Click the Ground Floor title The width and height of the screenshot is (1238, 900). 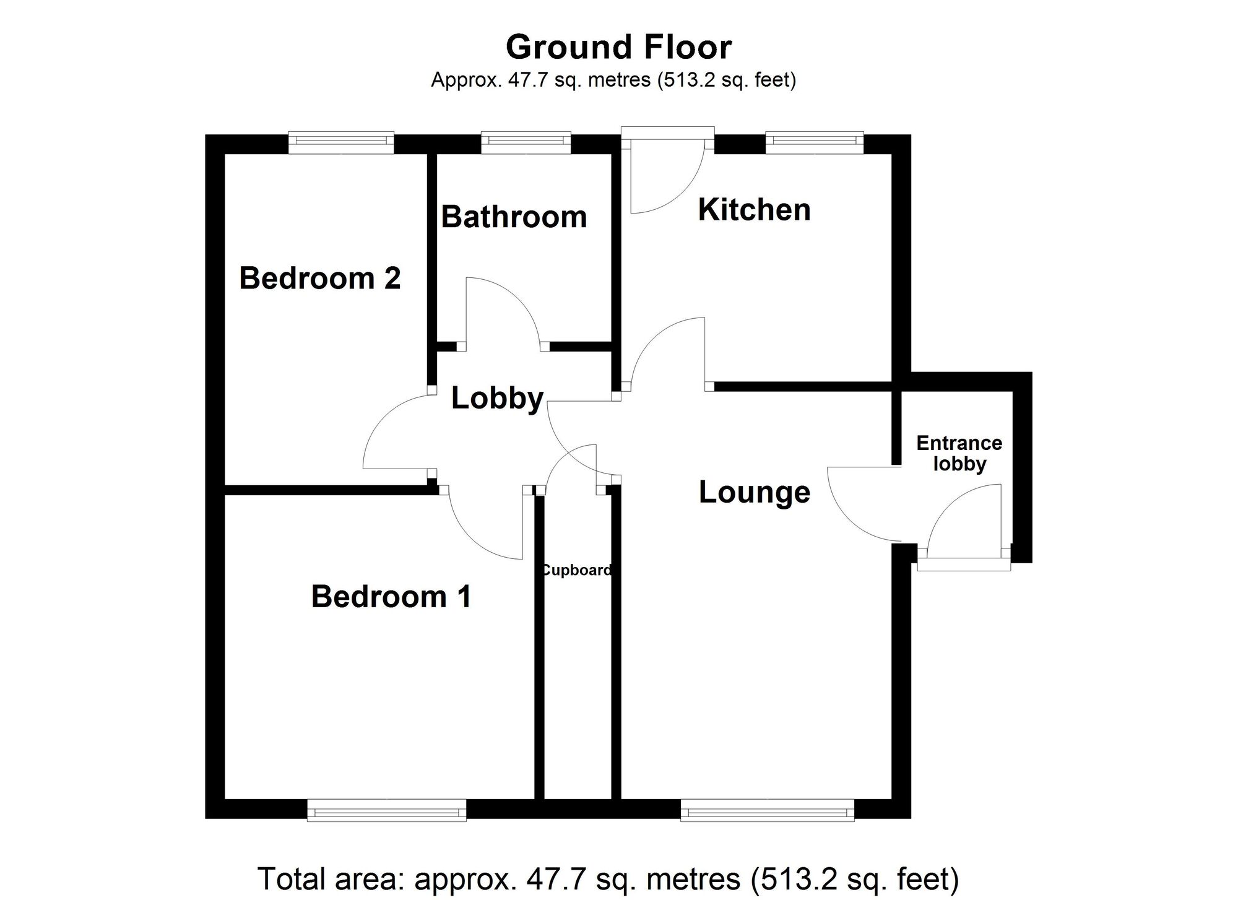(619, 48)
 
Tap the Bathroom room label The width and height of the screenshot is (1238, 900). (514, 217)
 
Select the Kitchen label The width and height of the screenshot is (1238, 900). (754, 210)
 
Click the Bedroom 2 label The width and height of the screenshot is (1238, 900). (319, 279)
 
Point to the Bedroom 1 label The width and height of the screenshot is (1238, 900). (391, 597)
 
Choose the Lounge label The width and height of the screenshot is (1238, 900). (754, 493)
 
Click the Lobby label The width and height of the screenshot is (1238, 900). (497, 398)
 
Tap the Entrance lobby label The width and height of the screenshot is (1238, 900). (959, 453)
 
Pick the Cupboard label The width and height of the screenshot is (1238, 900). (576, 570)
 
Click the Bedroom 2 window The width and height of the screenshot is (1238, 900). (341, 143)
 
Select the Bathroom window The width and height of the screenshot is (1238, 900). (526, 143)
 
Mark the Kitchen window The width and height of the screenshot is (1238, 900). (814, 143)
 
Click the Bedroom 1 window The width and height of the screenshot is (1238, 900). (387, 810)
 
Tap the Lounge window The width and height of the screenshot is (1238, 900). (767, 810)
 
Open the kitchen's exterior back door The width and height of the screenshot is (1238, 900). (667, 176)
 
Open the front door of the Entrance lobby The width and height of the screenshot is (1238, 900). (964, 520)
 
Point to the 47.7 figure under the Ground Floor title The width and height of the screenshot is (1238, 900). (528, 80)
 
